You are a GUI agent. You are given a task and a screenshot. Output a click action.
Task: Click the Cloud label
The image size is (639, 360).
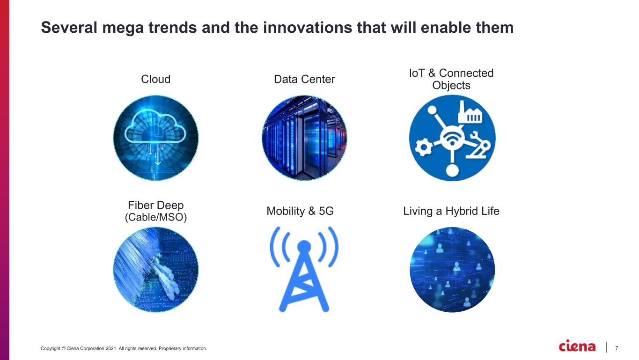click(x=155, y=79)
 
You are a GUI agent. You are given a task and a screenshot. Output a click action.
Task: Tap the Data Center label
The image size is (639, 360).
click(x=304, y=79)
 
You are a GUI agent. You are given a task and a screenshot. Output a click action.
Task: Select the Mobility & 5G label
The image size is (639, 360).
click(x=300, y=211)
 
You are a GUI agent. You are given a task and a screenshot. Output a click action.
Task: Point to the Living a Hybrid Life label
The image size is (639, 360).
click(x=451, y=211)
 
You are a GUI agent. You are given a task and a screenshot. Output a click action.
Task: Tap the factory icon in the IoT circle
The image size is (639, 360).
click(x=470, y=113)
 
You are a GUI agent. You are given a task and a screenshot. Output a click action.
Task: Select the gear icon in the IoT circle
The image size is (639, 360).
click(x=423, y=147)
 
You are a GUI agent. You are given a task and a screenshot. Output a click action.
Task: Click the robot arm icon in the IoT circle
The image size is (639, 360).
click(x=478, y=145)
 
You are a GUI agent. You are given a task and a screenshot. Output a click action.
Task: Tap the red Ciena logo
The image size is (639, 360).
click(x=577, y=346)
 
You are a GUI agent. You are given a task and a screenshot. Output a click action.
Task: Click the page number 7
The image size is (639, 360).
click(x=617, y=348)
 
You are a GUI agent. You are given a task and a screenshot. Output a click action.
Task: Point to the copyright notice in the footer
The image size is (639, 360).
click(x=124, y=348)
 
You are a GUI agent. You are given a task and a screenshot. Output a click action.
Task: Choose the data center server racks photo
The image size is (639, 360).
click(x=304, y=138)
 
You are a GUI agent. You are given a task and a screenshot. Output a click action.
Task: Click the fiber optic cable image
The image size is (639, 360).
click(x=156, y=270)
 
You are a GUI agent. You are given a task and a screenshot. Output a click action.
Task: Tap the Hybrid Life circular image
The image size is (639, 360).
click(x=452, y=270)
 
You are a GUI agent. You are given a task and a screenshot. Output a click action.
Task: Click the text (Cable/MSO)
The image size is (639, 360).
click(x=156, y=217)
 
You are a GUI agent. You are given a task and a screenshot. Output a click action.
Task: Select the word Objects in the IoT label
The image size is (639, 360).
click(x=451, y=85)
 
